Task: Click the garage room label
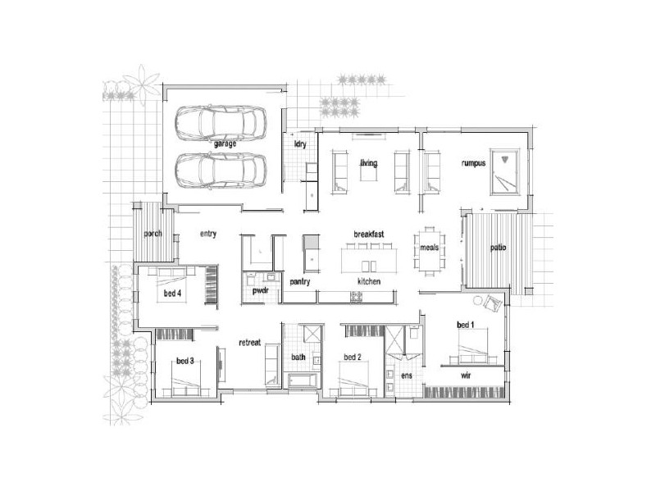pyautogui.click(x=225, y=144)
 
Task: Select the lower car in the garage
pyautogui.click(x=221, y=171)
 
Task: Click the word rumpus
pyautogui.click(x=473, y=163)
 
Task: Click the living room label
pyautogui.click(x=368, y=163)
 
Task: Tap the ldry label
pyautogui.click(x=299, y=144)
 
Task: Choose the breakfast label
pyautogui.click(x=369, y=235)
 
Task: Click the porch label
pyautogui.click(x=153, y=234)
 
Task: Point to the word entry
pyautogui.click(x=207, y=235)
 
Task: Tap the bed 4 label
pyautogui.click(x=172, y=293)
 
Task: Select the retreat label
pyautogui.click(x=250, y=343)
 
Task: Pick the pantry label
pyautogui.click(x=300, y=281)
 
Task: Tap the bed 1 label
pyautogui.click(x=465, y=326)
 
